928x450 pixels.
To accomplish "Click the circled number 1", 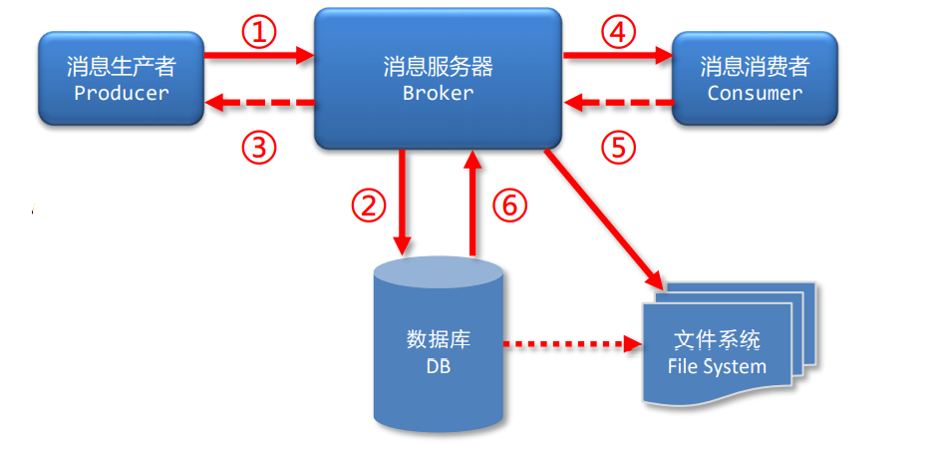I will (x=258, y=33).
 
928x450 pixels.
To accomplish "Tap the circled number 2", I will (x=368, y=206).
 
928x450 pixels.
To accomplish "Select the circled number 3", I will (x=258, y=148).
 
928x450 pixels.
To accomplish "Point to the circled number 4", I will (x=618, y=33).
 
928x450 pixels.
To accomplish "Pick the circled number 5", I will (x=618, y=148).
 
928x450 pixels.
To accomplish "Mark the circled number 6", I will (x=507, y=206).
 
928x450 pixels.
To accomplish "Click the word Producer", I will (x=122, y=93).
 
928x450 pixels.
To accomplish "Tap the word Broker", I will (x=438, y=93).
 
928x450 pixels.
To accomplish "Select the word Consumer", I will (x=755, y=93).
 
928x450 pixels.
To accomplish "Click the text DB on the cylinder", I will (x=438, y=366).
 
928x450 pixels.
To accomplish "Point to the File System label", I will (x=717, y=366).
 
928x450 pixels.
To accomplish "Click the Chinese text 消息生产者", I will (x=122, y=67).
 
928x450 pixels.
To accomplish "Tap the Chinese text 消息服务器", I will (x=438, y=67).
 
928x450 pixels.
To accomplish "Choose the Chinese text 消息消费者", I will (x=755, y=67).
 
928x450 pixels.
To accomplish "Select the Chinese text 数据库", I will (x=438, y=339).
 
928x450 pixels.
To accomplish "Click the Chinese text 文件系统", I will (x=717, y=340).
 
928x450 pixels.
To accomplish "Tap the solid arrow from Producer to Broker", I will (x=259, y=58).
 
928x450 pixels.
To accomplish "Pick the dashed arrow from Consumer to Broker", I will (x=618, y=102).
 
